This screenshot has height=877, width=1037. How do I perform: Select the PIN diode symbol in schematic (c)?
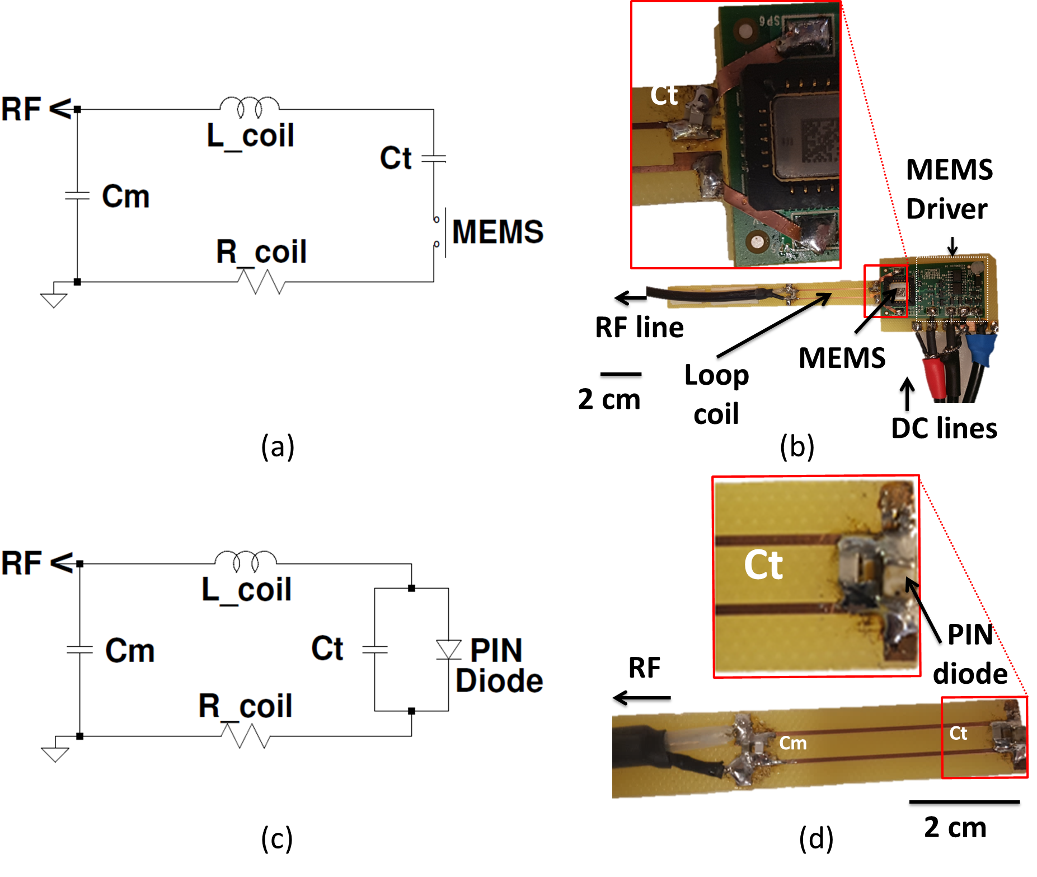(x=448, y=650)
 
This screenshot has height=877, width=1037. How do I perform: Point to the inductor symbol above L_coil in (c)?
(x=246, y=559)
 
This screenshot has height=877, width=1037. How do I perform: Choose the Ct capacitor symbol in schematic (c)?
(x=374, y=650)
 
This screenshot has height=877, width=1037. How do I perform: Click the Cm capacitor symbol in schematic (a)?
(x=77, y=195)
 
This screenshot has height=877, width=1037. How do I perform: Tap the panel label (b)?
(x=797, y=447)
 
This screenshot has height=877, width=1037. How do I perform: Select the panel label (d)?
(x=816, y=839)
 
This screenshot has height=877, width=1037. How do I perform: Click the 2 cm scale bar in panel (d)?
(x=964, y=804)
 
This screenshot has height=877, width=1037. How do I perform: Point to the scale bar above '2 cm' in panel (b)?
(x=621, y=376)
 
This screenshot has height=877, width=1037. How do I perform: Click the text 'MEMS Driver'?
(x=949, y=189)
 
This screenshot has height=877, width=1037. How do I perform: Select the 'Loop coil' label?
(x=716, y=394)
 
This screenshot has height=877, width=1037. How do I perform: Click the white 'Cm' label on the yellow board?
(x=793, y=743)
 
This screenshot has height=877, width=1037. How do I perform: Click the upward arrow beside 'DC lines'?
(x=907, y=395)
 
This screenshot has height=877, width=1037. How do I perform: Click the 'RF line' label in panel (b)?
(x=639, y=328)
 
